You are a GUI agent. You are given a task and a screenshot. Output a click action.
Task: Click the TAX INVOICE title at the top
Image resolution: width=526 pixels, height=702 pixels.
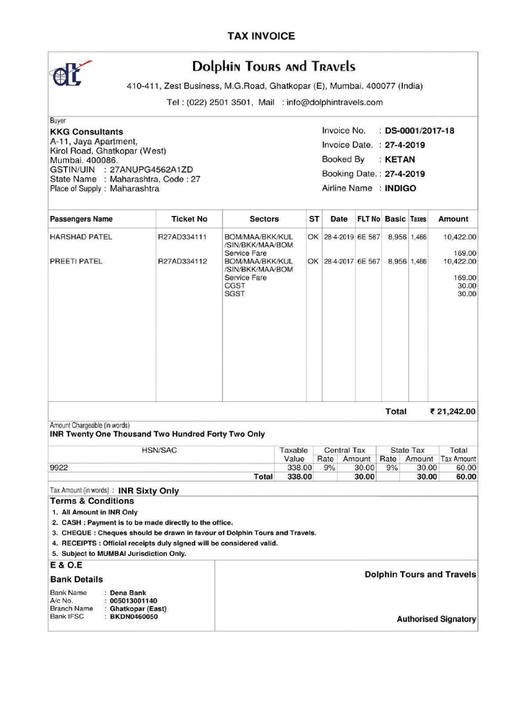261,36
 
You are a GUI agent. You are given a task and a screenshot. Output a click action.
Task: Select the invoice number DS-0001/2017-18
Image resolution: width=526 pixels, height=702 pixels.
419,130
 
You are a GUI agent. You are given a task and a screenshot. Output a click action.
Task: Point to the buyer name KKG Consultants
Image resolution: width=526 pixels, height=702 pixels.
86,132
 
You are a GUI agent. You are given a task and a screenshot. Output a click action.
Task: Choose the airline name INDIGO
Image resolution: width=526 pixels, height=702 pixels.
401,188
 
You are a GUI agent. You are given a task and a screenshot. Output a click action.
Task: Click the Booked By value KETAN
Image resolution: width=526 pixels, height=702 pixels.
400,159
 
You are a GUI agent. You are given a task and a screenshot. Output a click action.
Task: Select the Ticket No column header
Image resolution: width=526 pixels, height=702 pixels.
189,219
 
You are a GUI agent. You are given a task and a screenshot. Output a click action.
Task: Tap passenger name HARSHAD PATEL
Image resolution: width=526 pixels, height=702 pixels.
81,237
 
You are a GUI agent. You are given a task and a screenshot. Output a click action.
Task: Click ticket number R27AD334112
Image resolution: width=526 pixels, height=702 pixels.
182,261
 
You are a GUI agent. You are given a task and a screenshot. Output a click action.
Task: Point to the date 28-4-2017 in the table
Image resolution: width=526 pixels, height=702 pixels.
338,261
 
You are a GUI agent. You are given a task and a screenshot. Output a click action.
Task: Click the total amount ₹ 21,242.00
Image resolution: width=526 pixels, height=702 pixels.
452,412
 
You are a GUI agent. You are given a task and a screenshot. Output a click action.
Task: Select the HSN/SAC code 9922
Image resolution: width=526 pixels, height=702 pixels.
59,468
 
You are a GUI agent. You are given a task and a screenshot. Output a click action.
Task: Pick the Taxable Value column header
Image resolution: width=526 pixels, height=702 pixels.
294,455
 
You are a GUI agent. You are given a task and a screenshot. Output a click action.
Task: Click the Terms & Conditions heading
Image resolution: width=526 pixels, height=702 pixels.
92,500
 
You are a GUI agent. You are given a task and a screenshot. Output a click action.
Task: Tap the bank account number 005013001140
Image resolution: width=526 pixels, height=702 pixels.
134,601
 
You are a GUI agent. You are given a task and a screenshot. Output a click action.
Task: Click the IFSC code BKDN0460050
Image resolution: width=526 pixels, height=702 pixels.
134,616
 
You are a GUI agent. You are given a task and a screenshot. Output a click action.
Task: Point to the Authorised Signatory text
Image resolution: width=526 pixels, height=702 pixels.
436,619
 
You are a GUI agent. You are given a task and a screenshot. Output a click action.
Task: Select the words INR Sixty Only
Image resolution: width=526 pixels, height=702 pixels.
149,491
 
